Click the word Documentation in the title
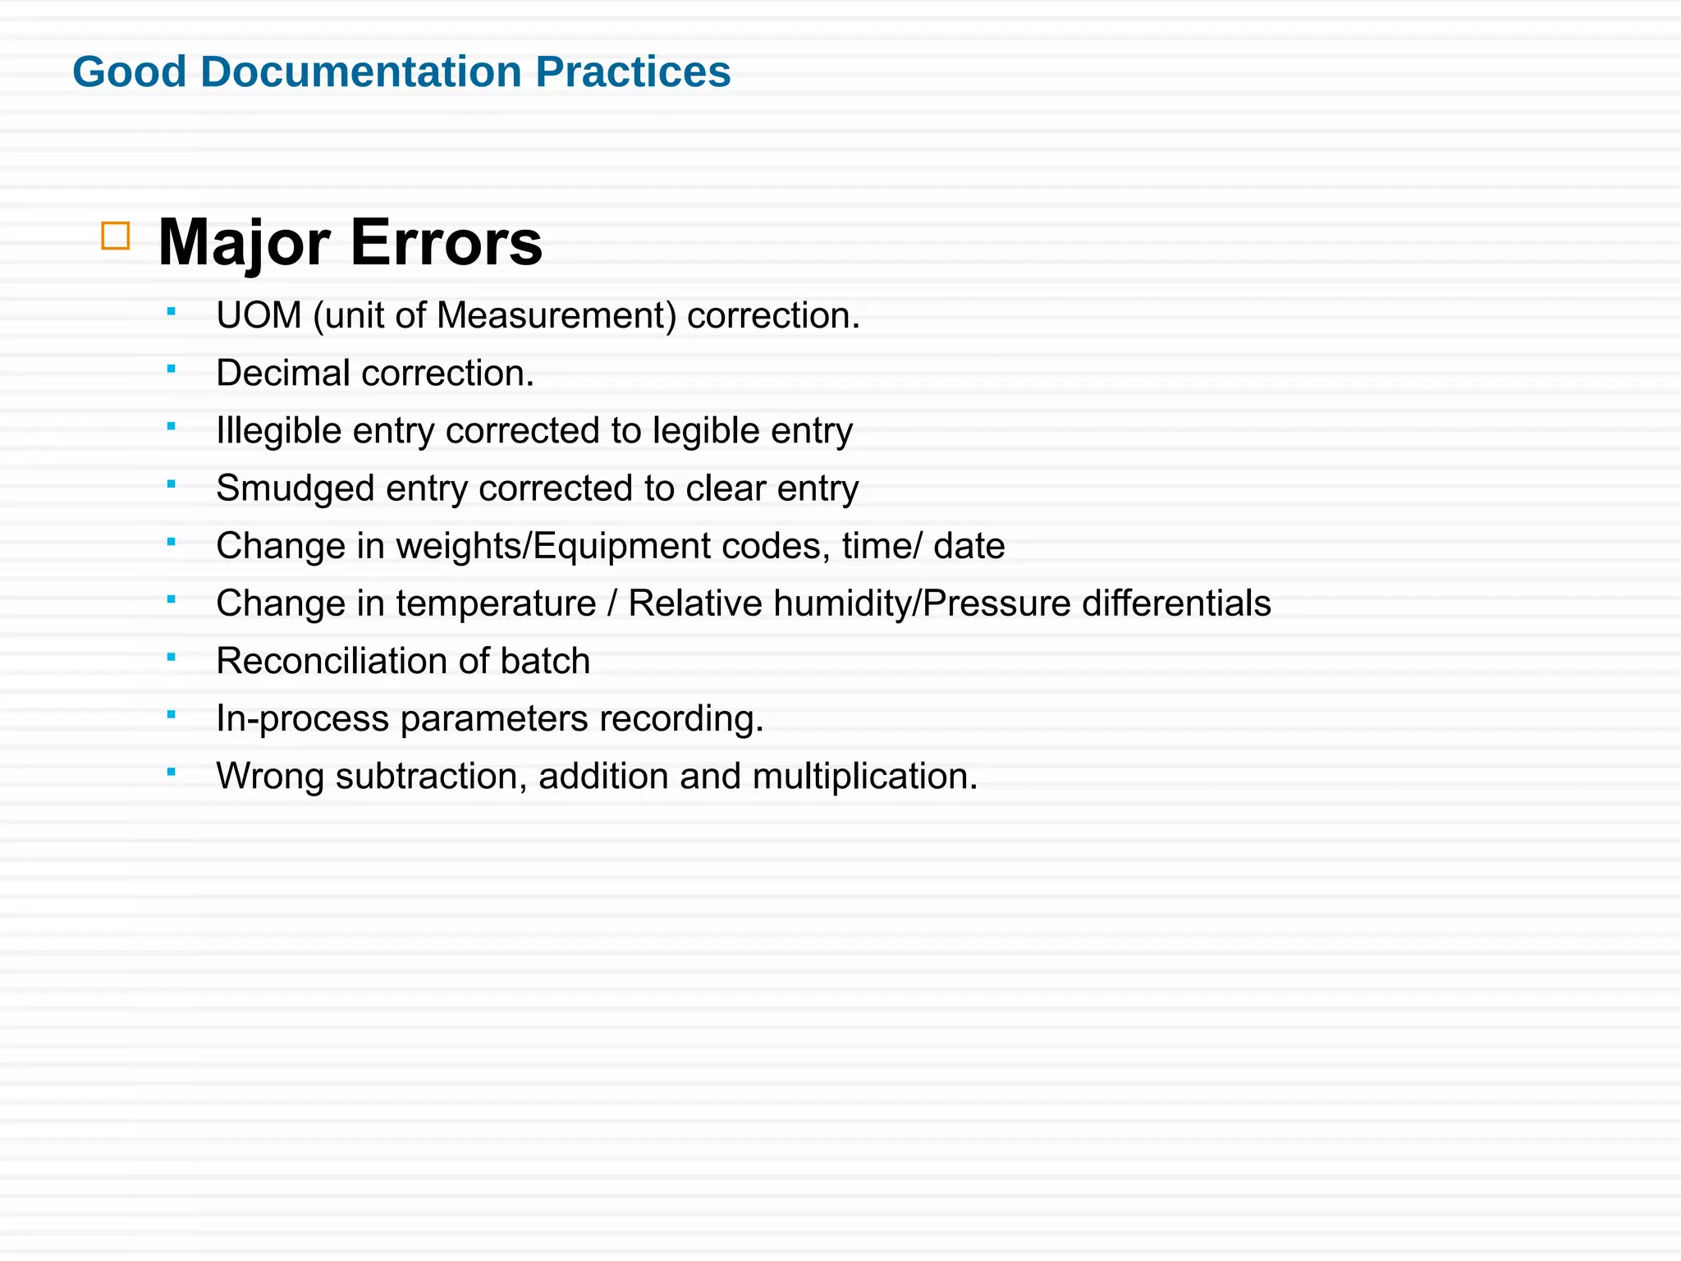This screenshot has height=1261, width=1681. [360, 71]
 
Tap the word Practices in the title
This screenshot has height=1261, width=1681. [633, 71]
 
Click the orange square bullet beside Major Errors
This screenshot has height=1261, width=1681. [116, 236]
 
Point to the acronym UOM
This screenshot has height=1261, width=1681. [259, 315]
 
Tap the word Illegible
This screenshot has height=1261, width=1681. [278, 430]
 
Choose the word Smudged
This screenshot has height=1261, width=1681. [295, 488]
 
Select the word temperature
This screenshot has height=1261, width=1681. [496, 603]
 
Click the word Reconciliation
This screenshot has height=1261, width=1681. [323, 661]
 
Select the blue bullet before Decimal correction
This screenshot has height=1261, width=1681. [171, 369]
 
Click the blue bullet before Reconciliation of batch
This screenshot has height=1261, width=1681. [171, 657]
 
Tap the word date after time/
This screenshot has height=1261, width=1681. [969, 546]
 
